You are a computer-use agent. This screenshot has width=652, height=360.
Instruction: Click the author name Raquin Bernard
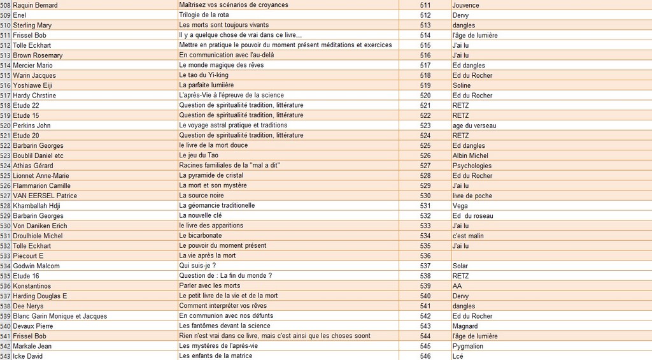35,5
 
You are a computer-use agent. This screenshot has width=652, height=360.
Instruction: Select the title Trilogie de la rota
204,15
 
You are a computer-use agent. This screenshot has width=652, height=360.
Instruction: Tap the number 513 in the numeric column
425,25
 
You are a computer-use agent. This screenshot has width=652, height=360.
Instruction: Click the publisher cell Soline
462,85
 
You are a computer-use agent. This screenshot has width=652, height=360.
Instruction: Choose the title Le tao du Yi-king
204,75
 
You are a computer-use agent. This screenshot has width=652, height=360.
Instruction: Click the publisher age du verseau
474,126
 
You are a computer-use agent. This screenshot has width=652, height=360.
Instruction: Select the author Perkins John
32,126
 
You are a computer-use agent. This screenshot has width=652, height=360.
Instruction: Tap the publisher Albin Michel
471,155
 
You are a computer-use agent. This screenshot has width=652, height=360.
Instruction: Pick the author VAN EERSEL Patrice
45,196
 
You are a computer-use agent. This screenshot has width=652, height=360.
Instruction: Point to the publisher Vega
460,206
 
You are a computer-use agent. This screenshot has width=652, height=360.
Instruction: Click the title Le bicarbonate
201,236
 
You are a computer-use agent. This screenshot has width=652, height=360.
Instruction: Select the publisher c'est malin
468,236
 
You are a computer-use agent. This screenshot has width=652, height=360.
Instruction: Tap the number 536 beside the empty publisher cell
425,256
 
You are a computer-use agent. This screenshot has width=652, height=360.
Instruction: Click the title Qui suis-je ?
197,266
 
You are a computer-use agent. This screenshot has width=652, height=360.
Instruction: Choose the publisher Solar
460,266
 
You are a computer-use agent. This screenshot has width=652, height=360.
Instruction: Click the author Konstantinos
32,286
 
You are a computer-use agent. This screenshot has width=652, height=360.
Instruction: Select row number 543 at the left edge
5,356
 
